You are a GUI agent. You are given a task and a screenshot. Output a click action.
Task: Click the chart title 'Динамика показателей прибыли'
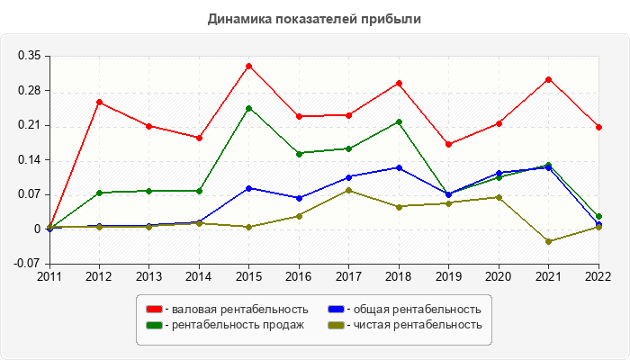point(314,19)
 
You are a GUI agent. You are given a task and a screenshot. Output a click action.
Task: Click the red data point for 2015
point(248,66)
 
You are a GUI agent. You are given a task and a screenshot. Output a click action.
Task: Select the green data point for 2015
point(248,108)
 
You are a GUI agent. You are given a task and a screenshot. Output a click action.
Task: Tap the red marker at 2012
point(99,102)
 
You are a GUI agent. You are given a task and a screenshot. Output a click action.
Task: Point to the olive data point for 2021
point(548,241)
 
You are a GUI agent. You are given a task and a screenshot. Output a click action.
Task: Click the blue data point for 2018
point(399,167)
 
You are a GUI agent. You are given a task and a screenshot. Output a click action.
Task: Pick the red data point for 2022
point(598,127)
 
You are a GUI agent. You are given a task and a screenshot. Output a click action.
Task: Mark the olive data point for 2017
point(348,190)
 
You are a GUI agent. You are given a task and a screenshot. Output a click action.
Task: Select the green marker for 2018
point(399,121)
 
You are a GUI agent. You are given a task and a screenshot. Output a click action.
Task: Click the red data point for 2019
point(448,144)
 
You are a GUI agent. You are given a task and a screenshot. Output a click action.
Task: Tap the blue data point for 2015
point(248,188)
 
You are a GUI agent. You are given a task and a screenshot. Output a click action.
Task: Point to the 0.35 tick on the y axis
point(30,56)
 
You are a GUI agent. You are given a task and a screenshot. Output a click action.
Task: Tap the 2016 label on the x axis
point(299,276)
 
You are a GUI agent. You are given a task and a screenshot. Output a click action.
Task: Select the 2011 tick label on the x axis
point(49,276)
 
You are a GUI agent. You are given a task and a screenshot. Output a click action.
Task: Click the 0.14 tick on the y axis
point(30,160)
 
